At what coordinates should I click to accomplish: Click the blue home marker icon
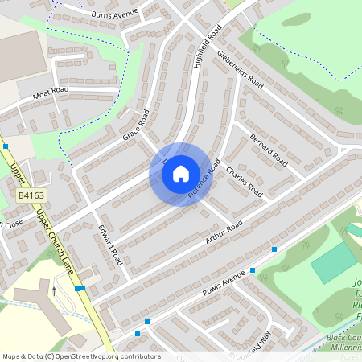point(181,173)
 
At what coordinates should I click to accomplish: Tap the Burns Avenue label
point(114,14)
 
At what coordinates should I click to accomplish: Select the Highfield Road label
point(208,47)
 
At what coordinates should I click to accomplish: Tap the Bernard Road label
point(268,149)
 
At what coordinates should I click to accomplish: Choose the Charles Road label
point(245,182)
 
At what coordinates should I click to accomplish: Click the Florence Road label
point(204,179)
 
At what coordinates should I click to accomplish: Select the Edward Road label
point(109,245)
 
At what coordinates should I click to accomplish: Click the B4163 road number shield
point(31,195)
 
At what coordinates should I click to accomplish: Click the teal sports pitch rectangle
point(334,261)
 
